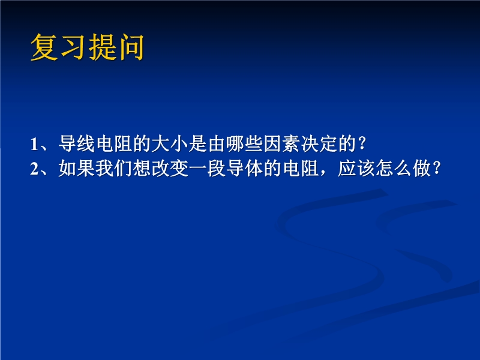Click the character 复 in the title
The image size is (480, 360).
(x=44, y=47)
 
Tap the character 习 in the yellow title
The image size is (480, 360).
(x=73, y=47)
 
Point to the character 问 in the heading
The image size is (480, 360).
(x=130, y=47)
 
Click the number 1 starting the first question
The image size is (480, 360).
(x=34, y=144)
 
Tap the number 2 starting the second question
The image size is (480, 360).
(x=34, y=169)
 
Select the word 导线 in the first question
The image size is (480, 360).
(x=77, y=143)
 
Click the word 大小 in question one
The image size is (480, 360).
(x=170, y=143)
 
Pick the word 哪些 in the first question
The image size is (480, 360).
(x=245, y=143)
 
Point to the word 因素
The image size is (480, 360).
(x=282, y=143)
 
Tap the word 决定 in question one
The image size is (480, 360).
(x=319, y=143)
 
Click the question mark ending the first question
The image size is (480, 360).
(x=362, y=143)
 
